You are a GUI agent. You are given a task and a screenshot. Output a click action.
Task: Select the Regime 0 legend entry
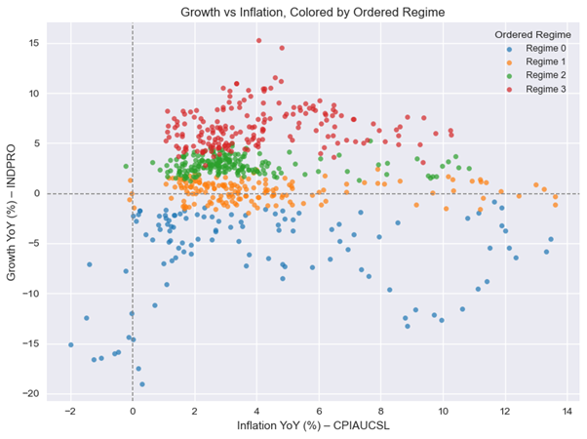click(x=532, y=48)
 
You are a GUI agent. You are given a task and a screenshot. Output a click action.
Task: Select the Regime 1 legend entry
click(x=532, y=61)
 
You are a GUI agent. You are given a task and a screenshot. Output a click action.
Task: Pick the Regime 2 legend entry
click(x=532, y=75)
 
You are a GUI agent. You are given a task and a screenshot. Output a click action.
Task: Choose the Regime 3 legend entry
click(x=532, y=89)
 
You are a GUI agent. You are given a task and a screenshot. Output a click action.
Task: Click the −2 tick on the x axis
click(x=70, y=411)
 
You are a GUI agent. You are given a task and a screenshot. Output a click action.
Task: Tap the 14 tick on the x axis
click(x=567, y=411)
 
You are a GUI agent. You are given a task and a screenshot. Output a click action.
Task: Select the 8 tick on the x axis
click(x=380, y=411)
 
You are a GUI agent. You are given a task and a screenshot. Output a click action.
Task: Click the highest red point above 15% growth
click(x=258, y=41)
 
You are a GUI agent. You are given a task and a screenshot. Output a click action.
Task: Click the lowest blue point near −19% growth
click(x=142, y=384)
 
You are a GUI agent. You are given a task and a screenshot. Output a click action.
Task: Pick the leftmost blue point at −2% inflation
click(x=70, y=344)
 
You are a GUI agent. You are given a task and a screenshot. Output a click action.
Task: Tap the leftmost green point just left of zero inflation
click(x=126, y=166)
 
